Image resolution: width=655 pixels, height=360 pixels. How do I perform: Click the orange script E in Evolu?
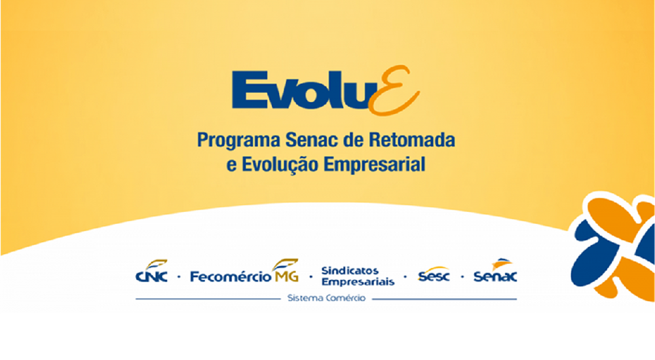point(392,91)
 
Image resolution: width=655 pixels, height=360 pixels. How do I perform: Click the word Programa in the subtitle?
point(238,141)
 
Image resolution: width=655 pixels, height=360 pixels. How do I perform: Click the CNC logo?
point(151,271)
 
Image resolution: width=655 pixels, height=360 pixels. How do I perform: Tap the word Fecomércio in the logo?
point(231,276)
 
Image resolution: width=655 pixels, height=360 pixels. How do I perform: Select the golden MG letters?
point(286,276)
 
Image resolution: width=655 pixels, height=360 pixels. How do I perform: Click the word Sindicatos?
point(350,270)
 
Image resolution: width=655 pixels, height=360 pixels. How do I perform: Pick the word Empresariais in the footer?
point(358,282)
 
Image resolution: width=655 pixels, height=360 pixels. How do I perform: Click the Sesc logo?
point(434,274)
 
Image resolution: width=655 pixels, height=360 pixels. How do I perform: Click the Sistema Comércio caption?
point(327,298)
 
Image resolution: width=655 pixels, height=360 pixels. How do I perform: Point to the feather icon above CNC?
point(157,264)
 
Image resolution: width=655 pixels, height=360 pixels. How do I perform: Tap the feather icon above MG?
point(286,264)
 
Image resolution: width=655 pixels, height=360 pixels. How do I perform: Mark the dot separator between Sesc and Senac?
point(462,277)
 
